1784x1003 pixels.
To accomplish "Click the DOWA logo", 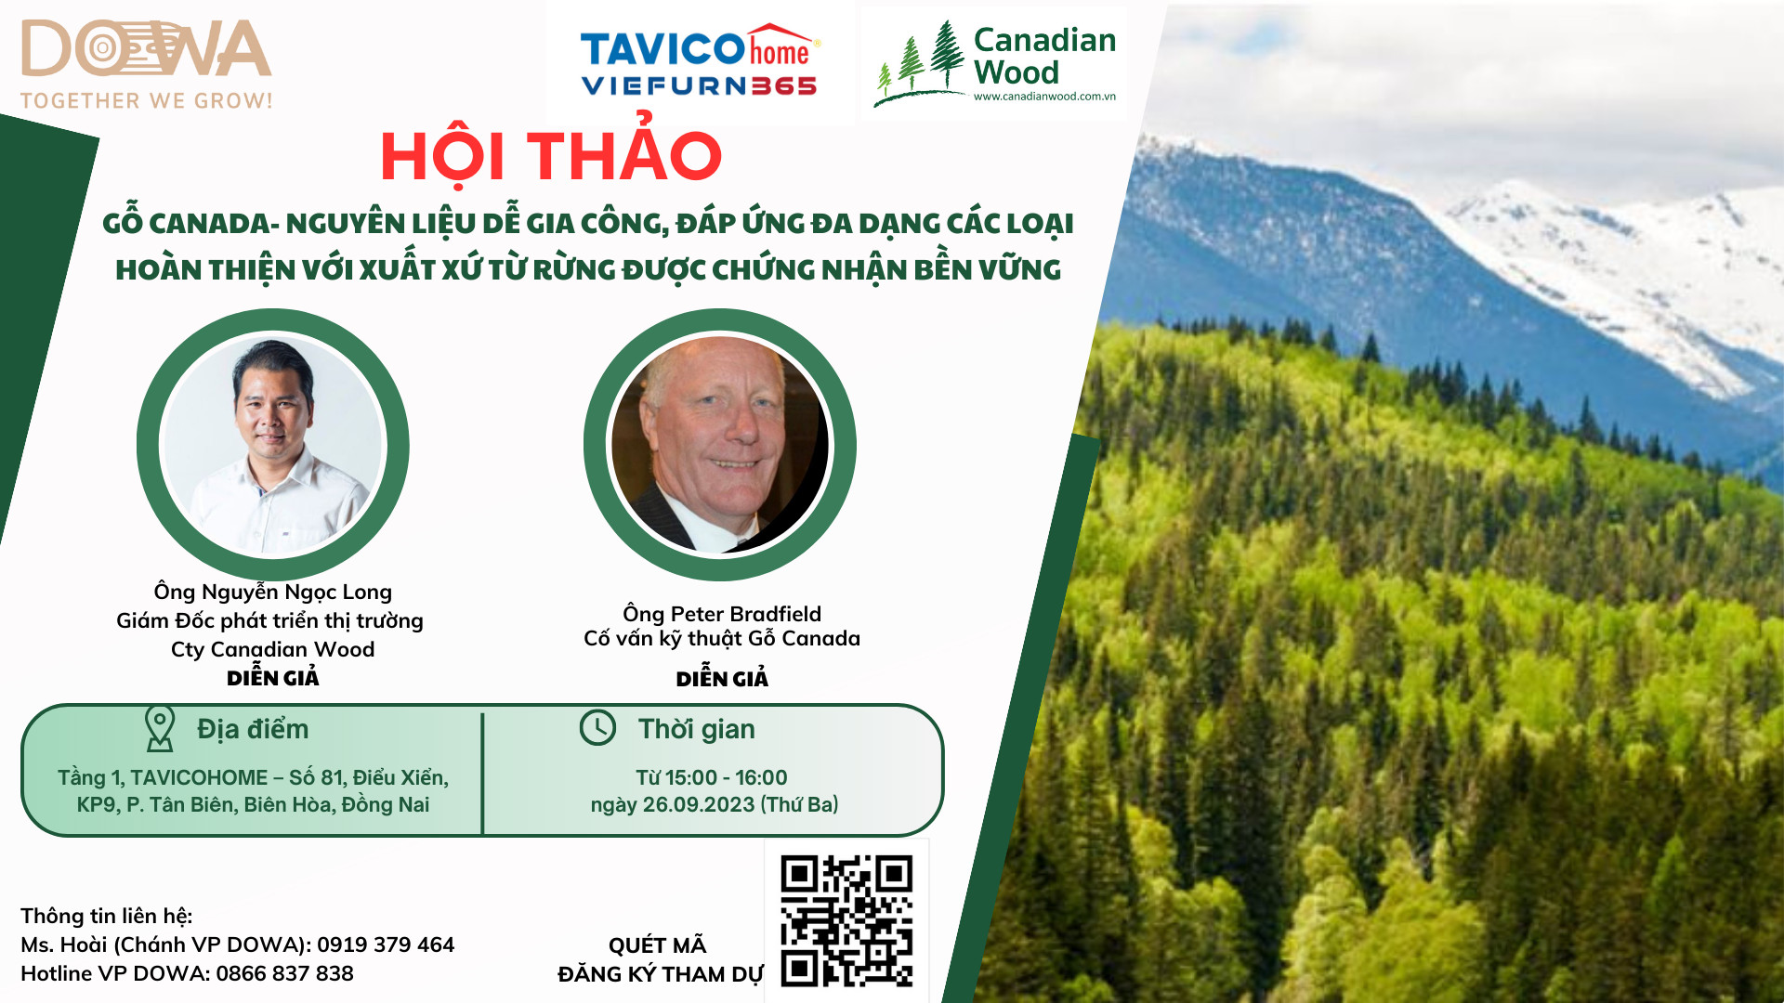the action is click(147, 63).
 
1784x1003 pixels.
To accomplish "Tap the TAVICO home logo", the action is click(700, 59).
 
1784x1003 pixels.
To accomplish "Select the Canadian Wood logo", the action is click(995, 62).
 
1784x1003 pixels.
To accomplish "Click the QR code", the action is click(846, 920).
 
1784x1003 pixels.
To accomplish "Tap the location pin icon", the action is click(160, 728).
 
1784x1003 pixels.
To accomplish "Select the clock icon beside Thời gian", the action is click(597, 728).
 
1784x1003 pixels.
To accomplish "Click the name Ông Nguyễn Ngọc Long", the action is click(273, 592).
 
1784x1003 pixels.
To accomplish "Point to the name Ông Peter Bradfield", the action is click(722, 614).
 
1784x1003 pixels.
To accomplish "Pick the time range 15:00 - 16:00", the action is click(726, 777).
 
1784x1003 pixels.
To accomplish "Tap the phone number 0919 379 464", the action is click(386, 944).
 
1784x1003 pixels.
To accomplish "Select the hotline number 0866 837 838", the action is click(285, 973).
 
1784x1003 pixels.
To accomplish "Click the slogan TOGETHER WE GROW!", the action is click(147, 100).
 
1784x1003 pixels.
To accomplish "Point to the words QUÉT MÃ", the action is click(658, 944).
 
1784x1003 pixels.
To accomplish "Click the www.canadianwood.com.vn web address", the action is click(1044, 97).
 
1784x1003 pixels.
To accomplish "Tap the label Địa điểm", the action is click(253, 729).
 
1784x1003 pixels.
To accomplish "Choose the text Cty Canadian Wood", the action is click(273, 649).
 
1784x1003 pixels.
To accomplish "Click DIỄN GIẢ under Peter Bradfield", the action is click(722, 678).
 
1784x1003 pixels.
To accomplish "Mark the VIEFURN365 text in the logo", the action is click(699, 86).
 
